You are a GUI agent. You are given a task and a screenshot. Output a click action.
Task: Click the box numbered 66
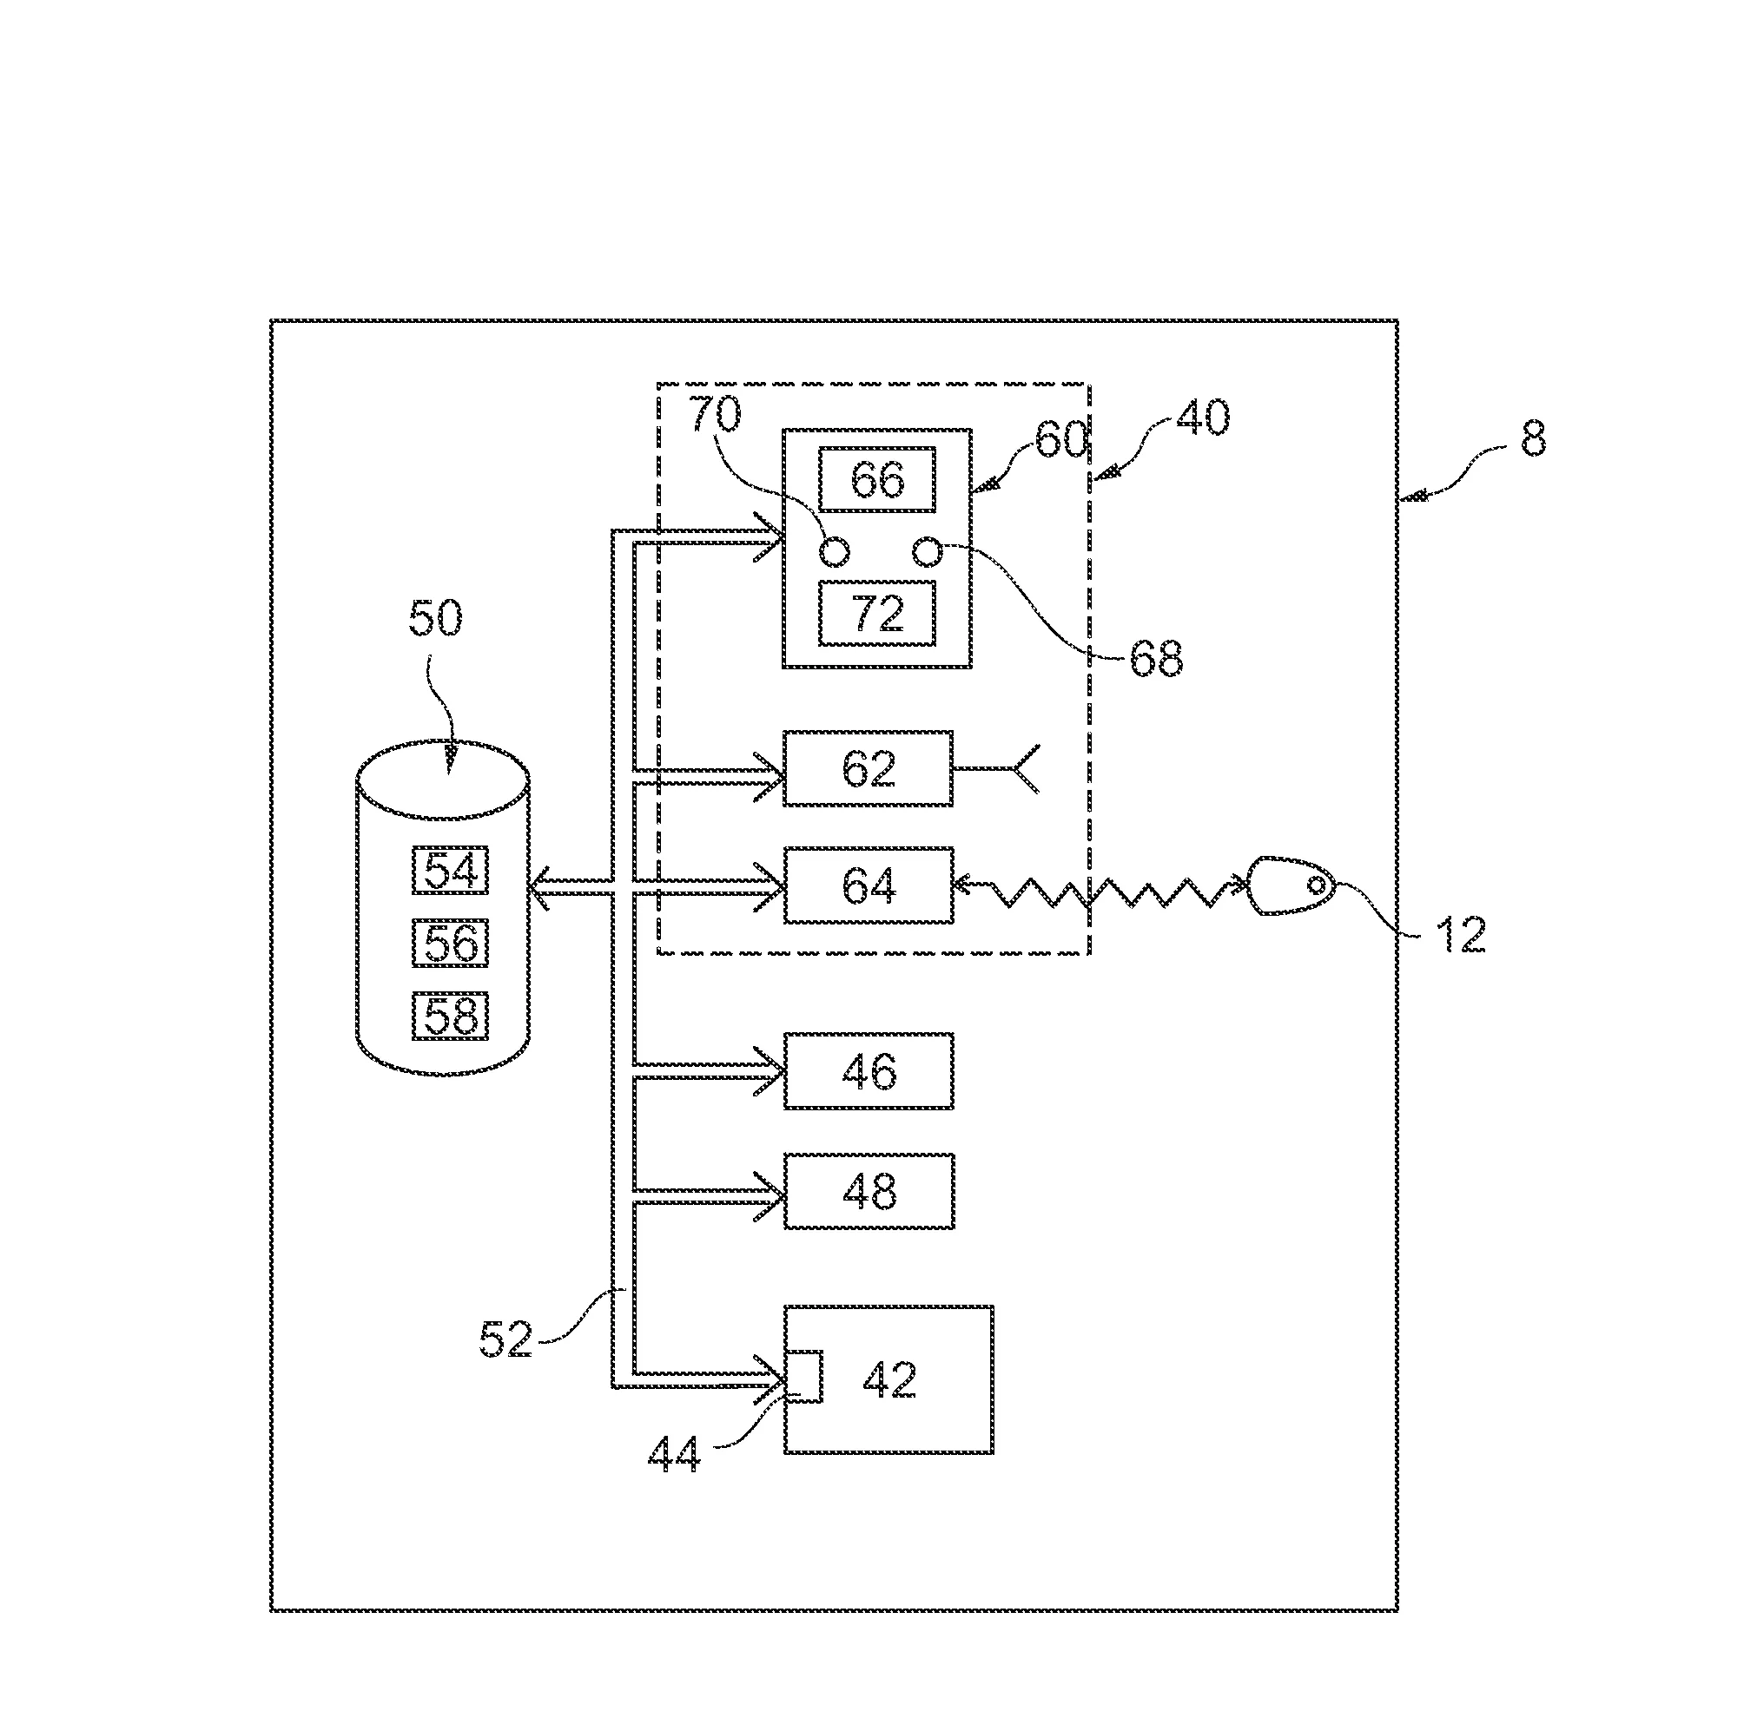876,480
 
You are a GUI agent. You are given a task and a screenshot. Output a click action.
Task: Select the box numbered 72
876,614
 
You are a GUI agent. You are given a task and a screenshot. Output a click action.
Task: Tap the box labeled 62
869,768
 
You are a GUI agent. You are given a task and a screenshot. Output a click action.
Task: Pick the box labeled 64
869,885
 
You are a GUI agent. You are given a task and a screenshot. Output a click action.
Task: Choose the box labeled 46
869,1071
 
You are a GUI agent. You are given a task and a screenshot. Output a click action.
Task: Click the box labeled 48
869,1191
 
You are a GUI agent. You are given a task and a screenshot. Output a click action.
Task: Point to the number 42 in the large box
890,1379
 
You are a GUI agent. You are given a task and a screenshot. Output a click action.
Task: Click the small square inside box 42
803,1376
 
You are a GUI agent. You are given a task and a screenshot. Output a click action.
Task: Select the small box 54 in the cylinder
451,870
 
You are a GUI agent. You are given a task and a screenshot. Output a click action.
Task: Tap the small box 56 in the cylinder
451,943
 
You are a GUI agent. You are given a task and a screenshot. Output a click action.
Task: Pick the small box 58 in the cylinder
451,1017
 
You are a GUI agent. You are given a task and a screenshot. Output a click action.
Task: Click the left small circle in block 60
835,552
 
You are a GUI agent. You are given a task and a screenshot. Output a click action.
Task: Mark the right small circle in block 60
927,551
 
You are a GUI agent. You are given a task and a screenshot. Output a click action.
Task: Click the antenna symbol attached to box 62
1025,768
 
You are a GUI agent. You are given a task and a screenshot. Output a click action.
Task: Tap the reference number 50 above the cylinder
436,618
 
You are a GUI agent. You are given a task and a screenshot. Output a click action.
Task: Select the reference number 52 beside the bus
505,1339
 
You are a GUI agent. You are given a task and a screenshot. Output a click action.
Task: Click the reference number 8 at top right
1533,439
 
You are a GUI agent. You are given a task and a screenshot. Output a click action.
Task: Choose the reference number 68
1156,659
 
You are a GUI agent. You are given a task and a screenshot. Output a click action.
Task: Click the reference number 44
674,1455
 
